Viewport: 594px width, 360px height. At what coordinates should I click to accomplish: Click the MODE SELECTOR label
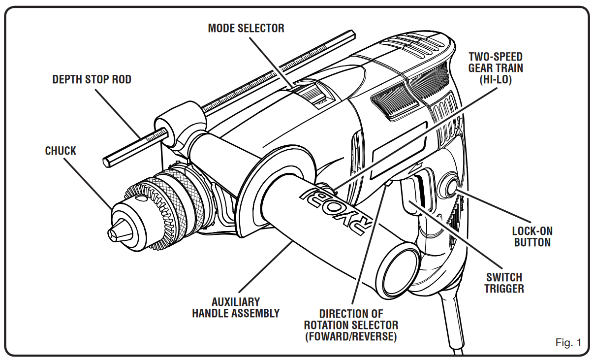(x=246, y=28)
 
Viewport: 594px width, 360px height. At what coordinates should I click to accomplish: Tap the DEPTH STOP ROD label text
(x=92, y=79)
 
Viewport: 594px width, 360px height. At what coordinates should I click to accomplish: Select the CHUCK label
(x=61, y=151)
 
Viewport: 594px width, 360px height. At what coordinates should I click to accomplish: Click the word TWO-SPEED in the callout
(x=496, y=56)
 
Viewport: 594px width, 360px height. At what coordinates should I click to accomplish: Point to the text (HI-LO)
(x=496, y=79)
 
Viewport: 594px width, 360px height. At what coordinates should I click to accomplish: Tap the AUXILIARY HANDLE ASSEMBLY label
(x=236, y=307)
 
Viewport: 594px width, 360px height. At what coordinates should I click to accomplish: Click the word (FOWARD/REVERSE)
(x=351, y=337)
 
